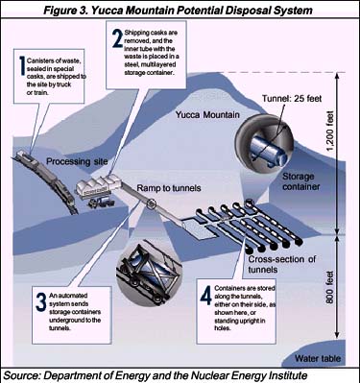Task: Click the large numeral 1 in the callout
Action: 22,65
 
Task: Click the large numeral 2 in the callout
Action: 117,38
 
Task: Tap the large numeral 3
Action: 41,302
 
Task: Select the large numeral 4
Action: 205,295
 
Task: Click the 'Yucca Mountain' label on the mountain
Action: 207,114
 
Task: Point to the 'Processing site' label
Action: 77,161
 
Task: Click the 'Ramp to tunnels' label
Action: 169,188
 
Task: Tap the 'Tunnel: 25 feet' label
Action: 292,99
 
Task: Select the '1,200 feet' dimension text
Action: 330,132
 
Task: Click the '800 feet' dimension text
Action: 330,287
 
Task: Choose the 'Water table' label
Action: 318,358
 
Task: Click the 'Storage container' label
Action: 300,181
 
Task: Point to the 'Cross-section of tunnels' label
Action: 282,264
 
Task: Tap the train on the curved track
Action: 45,180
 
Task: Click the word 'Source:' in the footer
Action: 22,375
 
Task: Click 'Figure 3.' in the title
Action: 65,11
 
